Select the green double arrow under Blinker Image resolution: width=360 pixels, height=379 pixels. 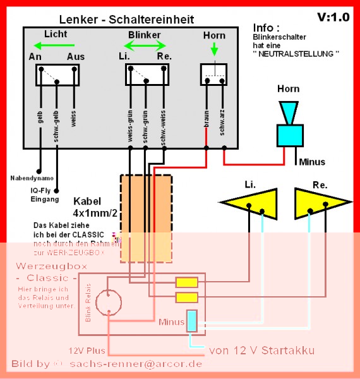pyautogui.click(x=145, y=45)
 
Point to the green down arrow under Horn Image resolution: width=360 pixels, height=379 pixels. pyautogui.click(x=214, y=49)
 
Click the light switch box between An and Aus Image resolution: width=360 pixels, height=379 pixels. pyautogui.click(x=57, y=75)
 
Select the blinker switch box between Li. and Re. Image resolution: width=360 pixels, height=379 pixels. pyautogui.click(x=146, y=75)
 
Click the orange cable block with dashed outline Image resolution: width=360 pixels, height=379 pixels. pyautogui.click(x=145, y=219)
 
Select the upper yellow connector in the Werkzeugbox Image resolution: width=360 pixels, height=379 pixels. pyautogui.click(x=186, y=283)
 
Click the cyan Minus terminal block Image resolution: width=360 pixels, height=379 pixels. pyautogui.click(x=193, y=321)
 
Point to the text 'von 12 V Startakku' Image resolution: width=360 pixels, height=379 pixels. pyautogui.click(x=261, y=350)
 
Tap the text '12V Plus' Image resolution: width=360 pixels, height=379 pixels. pyautogui.click(x=88, y=349)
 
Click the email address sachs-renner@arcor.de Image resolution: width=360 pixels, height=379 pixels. pyautogui.click(x=136, y=364)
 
